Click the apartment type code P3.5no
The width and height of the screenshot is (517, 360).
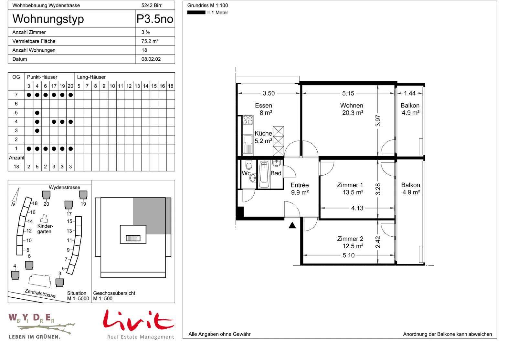click(x=155, y=19)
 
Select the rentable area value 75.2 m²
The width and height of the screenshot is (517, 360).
click(x=150, y=41)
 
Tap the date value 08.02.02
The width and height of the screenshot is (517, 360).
click(x=151, y=59)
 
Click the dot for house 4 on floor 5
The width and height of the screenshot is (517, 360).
click(x=37, y=113)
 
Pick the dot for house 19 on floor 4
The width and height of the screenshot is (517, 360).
click(x=62, y=122)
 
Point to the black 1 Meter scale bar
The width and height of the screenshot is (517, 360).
click(x=196, y=13)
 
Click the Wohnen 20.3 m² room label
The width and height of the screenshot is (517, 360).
click(x=352, y=109)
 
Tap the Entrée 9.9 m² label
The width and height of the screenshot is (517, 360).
click(x=300, y=189)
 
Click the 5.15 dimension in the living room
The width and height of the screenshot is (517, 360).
click(x=348, y=93)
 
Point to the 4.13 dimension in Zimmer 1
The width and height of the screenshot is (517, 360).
click(x=357, y=208)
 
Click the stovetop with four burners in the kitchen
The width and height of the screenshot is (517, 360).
click(x=248, y=120)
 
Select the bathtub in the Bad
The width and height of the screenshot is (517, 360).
click(x=264, y=174)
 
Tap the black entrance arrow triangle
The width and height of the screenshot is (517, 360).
click(x=292, y=225)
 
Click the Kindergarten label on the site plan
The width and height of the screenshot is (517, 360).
click(x=45, y=229)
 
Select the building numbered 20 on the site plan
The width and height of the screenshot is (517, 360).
click(x=46, y=195)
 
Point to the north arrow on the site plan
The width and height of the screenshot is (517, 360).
click(x=16, y=194)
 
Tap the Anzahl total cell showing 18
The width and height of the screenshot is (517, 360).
click(x=16, y=167)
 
